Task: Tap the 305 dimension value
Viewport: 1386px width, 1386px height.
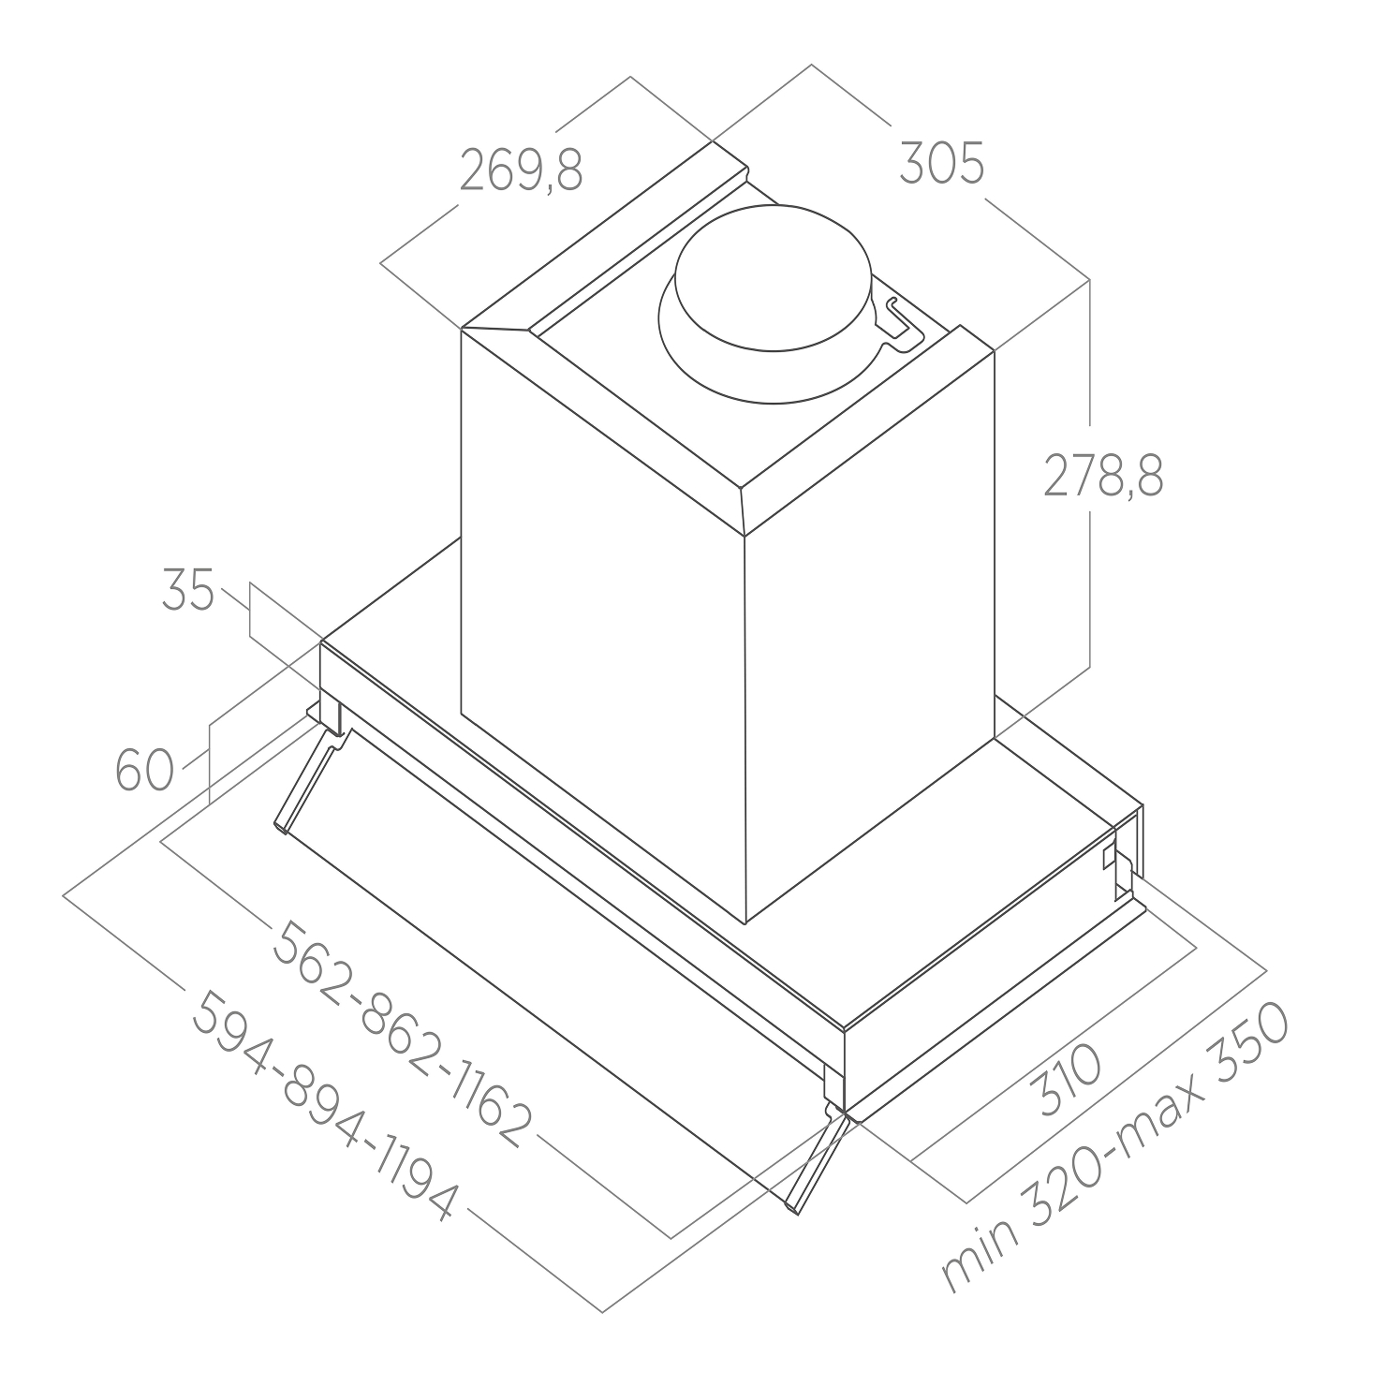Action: pos(941,164)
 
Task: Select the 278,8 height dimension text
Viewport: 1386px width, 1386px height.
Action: pos(1104,476)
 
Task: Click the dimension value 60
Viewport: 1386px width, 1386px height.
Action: pos(144,771)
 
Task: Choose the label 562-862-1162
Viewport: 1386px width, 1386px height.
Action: pos(402,1033)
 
